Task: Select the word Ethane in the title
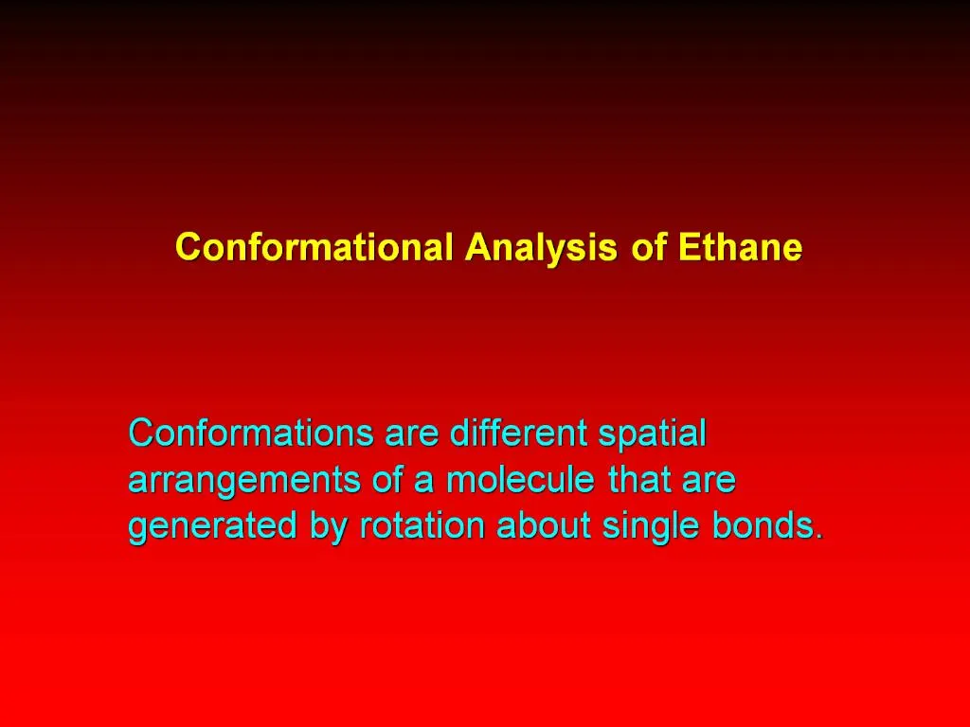[x=740, y=248]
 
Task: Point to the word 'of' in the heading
[x=648, y=248]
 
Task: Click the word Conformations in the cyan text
[x=251, y=434]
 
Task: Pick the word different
[x=518, y=434]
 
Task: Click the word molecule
[x=520, y=480]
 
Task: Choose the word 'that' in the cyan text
[x=640, y=480]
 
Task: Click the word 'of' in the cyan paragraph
[x=388, y=480]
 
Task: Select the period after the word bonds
[x=819, y=537]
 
